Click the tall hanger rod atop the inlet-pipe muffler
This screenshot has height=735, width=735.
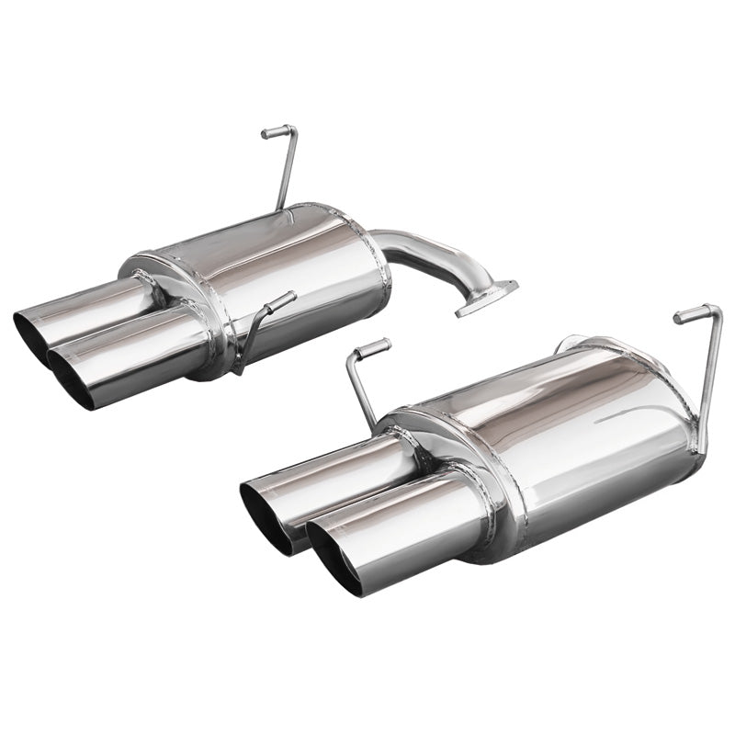coord(284,170)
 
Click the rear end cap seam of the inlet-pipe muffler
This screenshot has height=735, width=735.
coord(354,230)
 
